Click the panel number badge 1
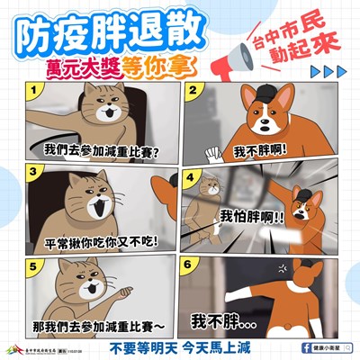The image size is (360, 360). point(35,92)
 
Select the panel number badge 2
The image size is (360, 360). point(193,92)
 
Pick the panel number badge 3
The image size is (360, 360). point(35,169)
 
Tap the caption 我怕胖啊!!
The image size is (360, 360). point(253,217)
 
